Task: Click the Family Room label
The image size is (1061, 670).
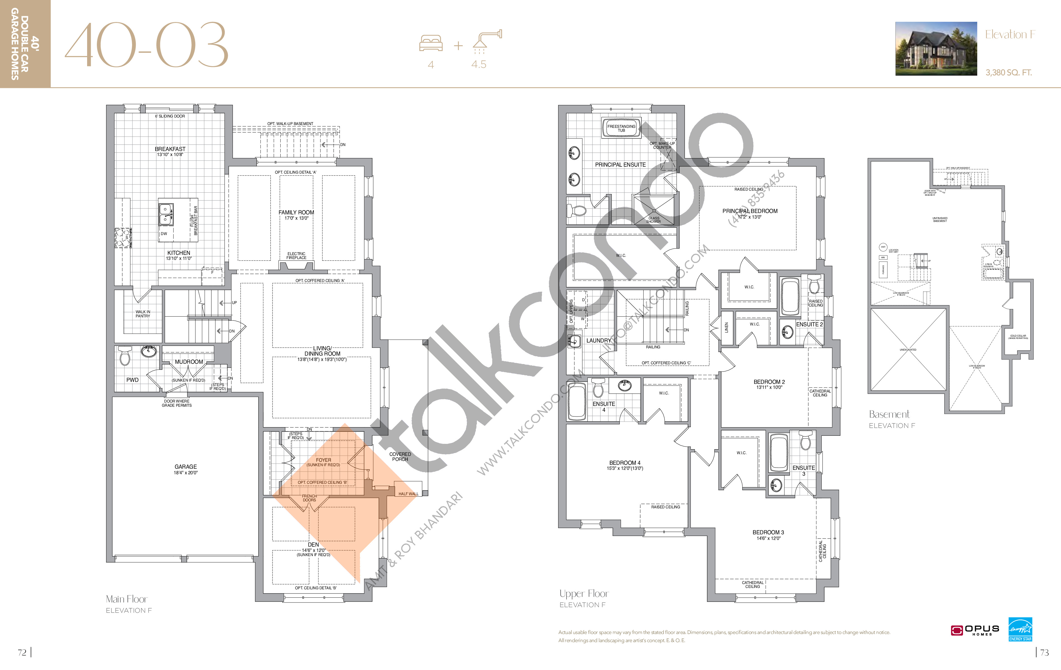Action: point(296,212)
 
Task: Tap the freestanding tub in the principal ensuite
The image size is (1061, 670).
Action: point(621,128)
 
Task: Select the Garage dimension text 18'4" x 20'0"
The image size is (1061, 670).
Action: point(185,473)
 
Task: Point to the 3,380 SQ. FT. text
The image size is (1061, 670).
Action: point(1009,73)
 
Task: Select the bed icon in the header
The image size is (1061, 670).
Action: point(431,43)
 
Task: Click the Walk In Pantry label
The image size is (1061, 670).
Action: point(143,314)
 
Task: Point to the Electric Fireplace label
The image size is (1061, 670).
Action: point(296,255)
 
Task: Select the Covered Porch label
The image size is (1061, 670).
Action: point(400,456)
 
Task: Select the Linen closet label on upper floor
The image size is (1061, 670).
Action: point(727,327)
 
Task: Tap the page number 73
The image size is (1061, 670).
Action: point(1044,652)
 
